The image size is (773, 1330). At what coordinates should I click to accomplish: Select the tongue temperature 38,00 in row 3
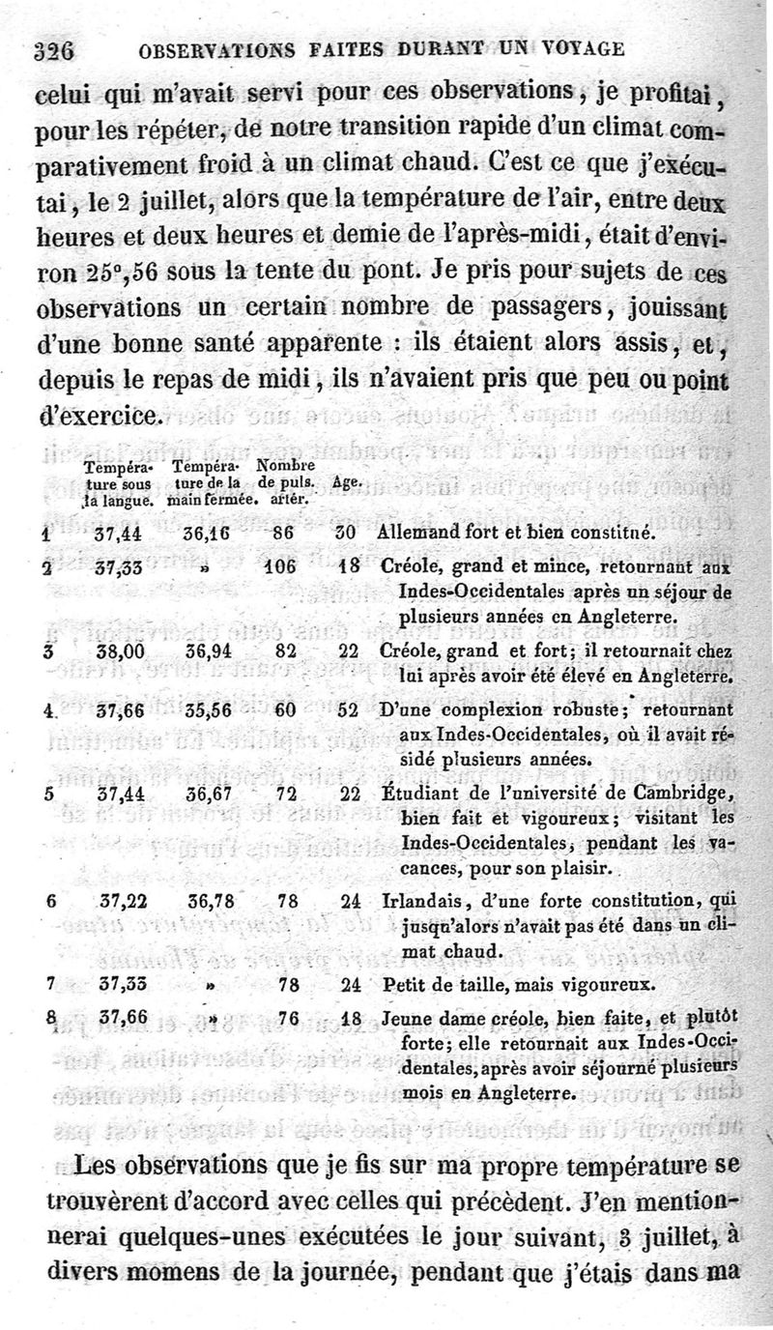click(121, 651)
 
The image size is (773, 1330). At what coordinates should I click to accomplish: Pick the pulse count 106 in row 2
click(280, 567)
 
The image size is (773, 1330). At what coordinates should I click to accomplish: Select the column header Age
click(347, 480)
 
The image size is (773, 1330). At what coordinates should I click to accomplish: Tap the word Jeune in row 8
click(404, 1018)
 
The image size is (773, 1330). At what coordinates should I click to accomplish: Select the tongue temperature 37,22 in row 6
click(124, 901)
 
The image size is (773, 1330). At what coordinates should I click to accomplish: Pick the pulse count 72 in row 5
click(284, 795)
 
